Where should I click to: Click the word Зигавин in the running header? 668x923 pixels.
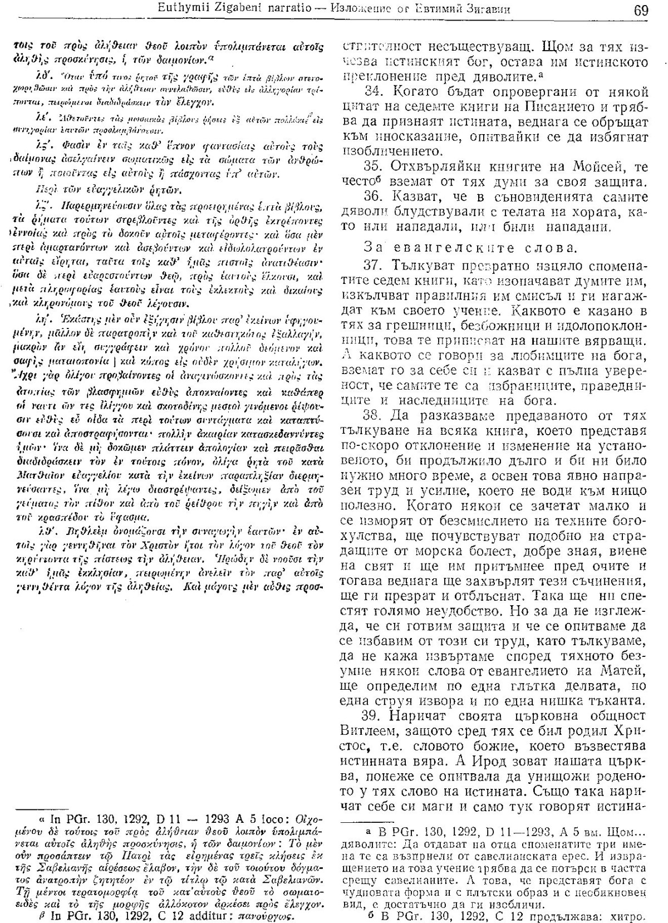click(500, 9)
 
